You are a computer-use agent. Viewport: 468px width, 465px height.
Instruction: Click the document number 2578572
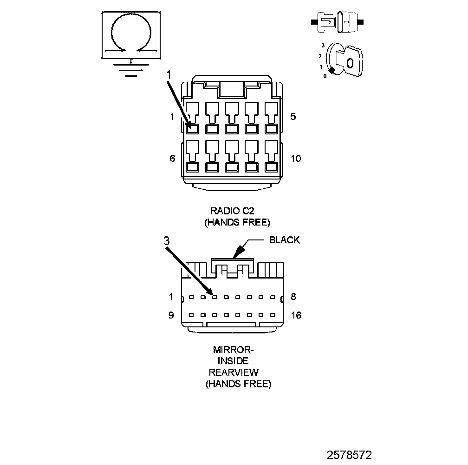[349, 454]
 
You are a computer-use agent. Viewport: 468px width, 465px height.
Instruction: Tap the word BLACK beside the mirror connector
[285, 240]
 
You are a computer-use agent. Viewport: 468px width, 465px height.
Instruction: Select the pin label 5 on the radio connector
[292, 117]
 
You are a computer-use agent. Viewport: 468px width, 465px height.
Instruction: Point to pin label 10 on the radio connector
[295, 159]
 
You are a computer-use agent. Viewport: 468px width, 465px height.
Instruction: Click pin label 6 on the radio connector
[172, 159]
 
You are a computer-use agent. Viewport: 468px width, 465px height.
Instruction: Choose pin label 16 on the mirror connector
[296, 315]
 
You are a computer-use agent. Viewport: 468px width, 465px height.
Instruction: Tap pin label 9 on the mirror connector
[171, 315]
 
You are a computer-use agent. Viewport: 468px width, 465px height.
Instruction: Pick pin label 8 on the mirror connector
[293, 297]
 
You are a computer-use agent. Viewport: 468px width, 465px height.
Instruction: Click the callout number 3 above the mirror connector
[167, 241]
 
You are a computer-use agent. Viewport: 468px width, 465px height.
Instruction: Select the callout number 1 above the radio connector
[169, 74]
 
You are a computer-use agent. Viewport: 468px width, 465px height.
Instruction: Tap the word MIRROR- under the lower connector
[233, 349]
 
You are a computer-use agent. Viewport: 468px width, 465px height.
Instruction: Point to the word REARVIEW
[234, 372]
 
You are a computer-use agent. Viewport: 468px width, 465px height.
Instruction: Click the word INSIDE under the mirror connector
[234, 361]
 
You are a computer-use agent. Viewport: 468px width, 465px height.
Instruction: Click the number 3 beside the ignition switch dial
[322, 46]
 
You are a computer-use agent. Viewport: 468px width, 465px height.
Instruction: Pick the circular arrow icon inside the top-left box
[131, 33]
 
